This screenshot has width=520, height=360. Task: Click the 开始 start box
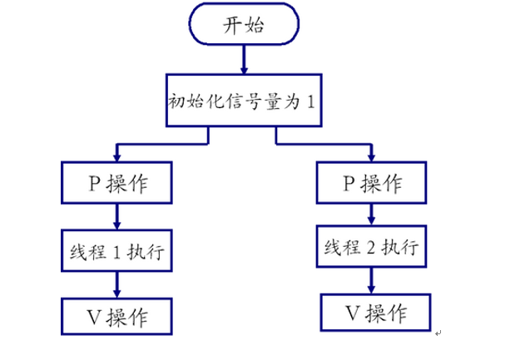tap(243, 25)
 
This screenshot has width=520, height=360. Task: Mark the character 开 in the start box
tap(232, 25)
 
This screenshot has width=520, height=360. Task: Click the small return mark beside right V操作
tap(438, 333)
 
